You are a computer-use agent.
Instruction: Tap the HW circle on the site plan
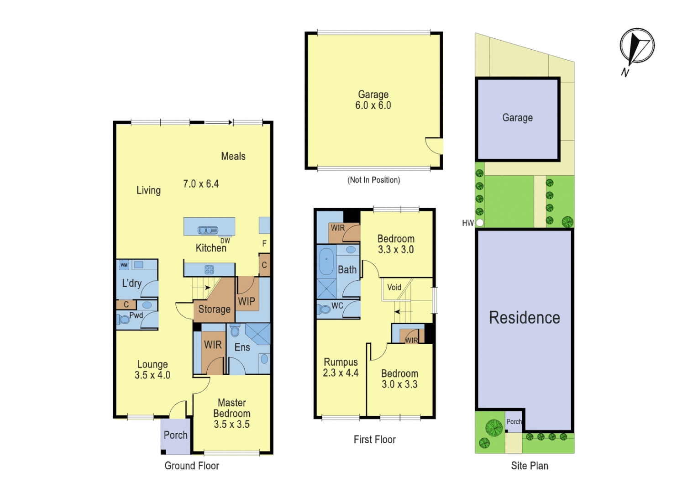pos(480,223)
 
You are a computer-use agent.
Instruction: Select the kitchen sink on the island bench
pos(208,230)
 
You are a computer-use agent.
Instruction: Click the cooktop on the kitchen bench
pos(209,269)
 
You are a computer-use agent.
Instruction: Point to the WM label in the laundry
pos(124,265)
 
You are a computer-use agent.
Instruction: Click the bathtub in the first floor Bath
pos(326,261)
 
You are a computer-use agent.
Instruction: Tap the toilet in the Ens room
pos(235,330)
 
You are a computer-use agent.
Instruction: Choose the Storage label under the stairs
pos(214,309)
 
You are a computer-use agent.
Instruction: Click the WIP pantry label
pos(247,301)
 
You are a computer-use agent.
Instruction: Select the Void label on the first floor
pos(394,287)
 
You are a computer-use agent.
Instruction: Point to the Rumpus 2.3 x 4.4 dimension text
pos(341,373)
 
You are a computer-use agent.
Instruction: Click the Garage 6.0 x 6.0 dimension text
pos(373,105)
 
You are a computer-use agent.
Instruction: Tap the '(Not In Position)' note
pos(373,180)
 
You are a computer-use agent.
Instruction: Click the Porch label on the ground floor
pos(175,435)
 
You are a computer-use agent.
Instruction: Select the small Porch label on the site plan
pos(514,422)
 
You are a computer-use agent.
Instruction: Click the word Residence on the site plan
pos(524,318)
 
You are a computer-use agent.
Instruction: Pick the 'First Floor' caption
pos(374,440)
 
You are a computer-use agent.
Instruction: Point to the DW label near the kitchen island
pos(225,241)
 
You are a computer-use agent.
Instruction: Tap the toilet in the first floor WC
pos(325,309)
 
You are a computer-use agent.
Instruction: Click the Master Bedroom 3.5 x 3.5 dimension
pos(231,424)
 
